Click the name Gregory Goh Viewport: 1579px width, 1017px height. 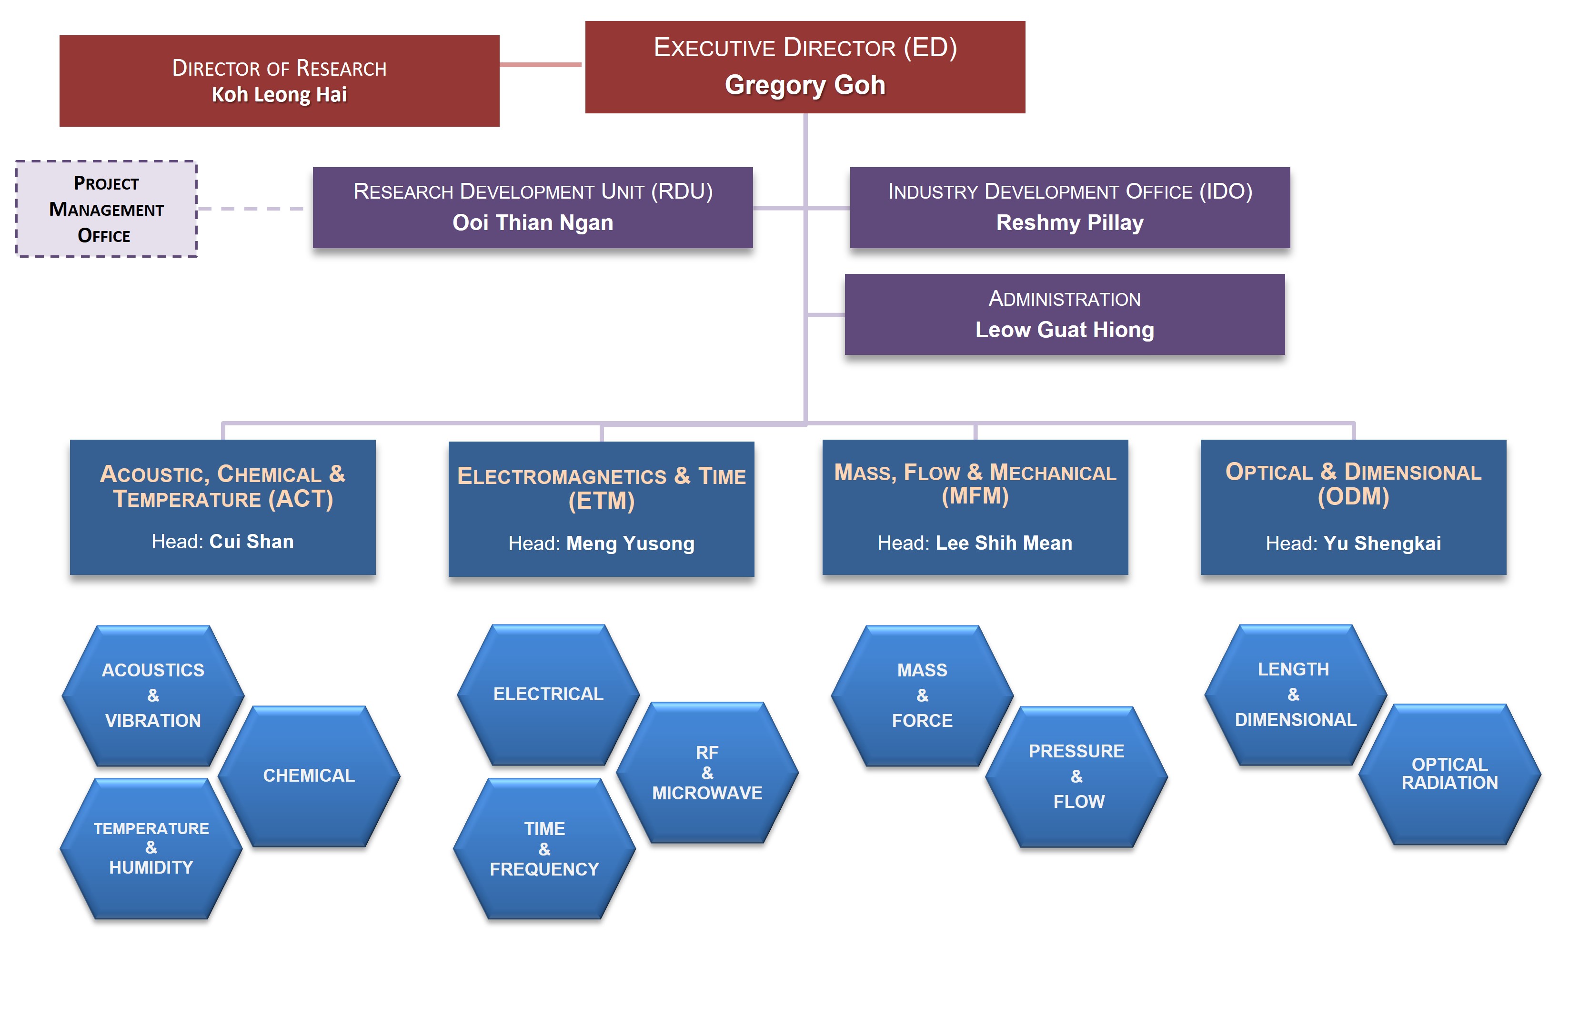click(805, 85)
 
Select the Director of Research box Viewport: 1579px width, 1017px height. click(279, 81)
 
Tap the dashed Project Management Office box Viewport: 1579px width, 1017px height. click(106, 209)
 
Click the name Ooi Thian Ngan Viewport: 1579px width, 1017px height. click(532, 222)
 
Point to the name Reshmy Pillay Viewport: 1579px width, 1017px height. click(1069, 222)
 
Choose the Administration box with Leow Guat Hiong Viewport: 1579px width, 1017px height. click(1064, 314)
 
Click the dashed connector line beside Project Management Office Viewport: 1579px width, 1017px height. click(251, 209)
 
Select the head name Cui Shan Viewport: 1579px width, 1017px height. click(251, 542)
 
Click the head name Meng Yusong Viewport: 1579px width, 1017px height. click(630, 544)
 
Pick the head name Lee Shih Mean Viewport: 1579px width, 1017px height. click(1003, 543)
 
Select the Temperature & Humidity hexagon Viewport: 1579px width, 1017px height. click(151, 848)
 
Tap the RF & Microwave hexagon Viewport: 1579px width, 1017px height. click(707, 773)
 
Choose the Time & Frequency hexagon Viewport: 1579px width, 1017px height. click(544, 848)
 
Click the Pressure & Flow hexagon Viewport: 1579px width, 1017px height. click(1076, 776)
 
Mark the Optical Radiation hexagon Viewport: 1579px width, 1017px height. click(1449, 774)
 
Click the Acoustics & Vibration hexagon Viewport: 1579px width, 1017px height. click(153, 695)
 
